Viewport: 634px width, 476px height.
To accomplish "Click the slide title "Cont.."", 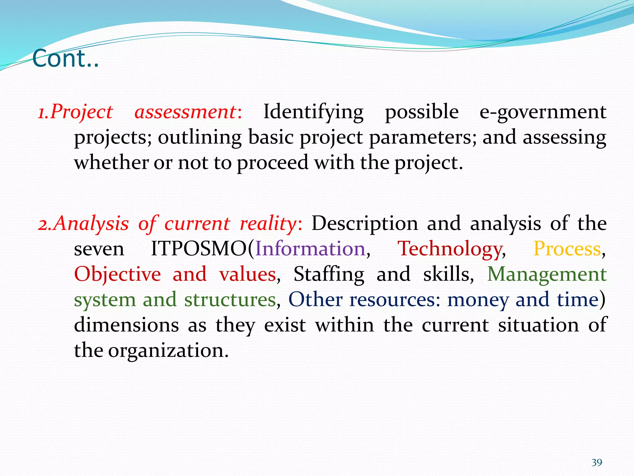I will point(65,58).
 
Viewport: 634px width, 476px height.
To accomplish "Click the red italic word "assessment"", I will point(185,112).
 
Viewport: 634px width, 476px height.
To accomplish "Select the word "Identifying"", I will point(313,112).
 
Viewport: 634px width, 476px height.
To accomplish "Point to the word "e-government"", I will point(543,112).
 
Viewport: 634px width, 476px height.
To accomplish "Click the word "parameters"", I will point(423,137).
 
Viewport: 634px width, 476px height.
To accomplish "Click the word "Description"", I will point(365,223).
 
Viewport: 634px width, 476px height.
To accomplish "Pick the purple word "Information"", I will point(310,249).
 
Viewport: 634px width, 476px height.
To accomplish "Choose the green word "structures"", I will point(230,300).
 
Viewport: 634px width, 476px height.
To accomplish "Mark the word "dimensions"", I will point(127,325).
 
